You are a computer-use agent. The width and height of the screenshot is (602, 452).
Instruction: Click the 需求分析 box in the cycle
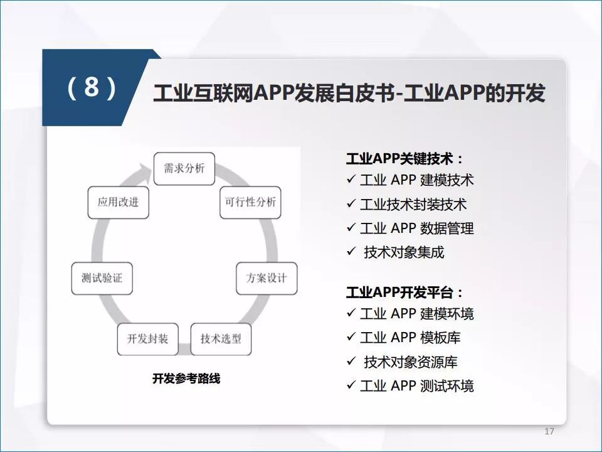click(184, 169)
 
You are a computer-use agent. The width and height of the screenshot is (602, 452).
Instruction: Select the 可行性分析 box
click(250, 203)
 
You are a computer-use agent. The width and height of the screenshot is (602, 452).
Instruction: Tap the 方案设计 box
click(267, 278)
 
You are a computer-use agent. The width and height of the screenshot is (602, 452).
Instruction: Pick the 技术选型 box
click(221, 339)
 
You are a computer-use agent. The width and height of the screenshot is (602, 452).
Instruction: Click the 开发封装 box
click(148, 339)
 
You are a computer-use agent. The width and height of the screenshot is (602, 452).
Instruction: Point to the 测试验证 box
click(102, 278)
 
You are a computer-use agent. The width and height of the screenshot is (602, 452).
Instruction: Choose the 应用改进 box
click(119, 203)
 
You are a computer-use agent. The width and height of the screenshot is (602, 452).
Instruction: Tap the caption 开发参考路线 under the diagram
click(186, 379)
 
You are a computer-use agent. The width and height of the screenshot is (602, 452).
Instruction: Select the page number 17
click(549, 431)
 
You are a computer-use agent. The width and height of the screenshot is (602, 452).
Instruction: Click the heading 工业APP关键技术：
click(405, 158)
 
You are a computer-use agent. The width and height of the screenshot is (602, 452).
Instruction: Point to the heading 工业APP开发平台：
click(405, 293)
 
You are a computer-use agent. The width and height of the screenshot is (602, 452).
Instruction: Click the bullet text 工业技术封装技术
click(413, 205)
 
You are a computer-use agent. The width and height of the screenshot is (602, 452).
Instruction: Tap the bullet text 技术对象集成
click(404, 252)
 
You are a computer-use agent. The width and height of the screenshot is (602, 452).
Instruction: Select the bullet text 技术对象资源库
click(411, 362)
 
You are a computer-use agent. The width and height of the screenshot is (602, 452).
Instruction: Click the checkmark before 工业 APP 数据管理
click(351, 227)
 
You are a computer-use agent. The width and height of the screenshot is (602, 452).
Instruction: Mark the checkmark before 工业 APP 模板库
click(351, 336)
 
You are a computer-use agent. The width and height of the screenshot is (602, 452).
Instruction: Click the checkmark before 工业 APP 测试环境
click(351, 385)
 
